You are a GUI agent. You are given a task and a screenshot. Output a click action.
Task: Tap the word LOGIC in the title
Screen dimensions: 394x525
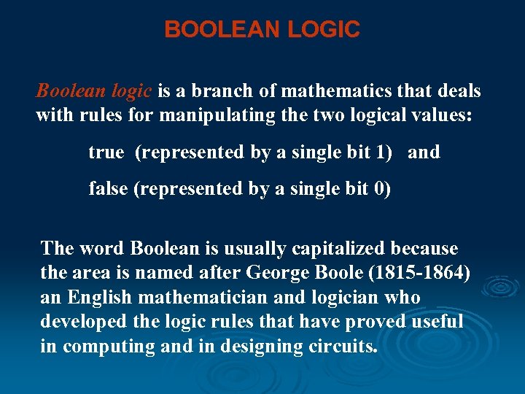tap(324, 30)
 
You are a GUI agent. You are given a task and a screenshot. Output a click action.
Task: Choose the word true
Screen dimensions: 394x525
tap(106, 152)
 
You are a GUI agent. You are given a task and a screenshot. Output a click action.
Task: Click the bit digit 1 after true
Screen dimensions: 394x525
tap(387, 152)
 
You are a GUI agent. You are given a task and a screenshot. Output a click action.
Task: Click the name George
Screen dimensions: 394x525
tap(281, 274)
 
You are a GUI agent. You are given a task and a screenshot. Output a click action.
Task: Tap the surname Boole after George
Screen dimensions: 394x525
tap(347, 274)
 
